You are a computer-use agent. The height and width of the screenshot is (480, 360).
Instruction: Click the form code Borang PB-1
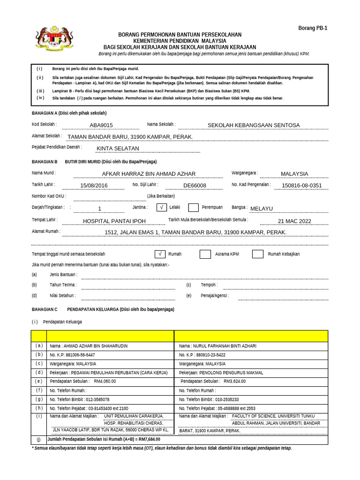point(313,28)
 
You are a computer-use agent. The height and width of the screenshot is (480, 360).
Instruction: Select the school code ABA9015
point(101,125)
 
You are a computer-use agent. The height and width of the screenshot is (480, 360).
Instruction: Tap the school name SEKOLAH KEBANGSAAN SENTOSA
point(253,125)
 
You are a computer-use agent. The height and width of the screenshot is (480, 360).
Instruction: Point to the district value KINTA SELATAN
point(118,149)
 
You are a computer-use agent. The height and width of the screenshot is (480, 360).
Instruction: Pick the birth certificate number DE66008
point(195,186)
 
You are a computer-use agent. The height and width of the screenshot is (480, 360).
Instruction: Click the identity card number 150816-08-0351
point(302,186)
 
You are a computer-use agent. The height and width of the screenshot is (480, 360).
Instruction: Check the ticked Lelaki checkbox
point(161,208)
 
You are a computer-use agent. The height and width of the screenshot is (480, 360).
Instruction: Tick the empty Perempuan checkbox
point(193,208)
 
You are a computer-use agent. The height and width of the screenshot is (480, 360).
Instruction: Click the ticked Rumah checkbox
point(160,254)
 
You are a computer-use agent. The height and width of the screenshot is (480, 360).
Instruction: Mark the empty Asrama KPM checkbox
point(205,254)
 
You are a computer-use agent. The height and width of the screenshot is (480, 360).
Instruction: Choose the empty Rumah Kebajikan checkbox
point(257,254)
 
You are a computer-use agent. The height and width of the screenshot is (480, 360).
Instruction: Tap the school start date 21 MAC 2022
point(294,221)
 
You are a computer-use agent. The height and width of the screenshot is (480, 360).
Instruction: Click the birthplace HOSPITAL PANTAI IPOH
point(114,221)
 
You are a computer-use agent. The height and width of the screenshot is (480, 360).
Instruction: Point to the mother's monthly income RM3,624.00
point(234,382)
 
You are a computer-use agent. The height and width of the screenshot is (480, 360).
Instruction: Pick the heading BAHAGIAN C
point(44,309)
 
